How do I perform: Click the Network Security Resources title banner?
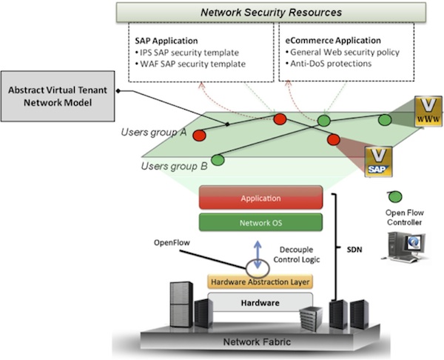click(x=272, y=13)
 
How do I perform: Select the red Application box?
click(x=260, y=199)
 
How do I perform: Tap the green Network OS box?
click(x=260, y=221)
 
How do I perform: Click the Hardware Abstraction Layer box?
click(x=260, y=282)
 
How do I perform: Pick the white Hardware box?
click(x=260, y=303)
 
